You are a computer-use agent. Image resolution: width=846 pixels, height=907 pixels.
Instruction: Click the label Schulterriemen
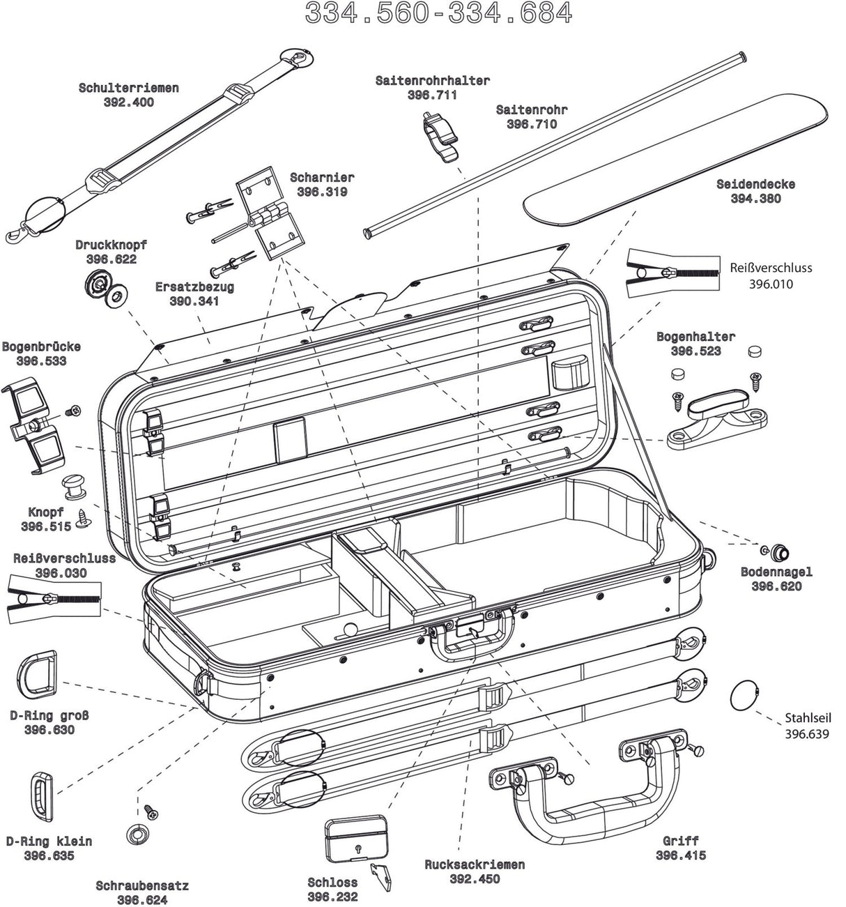[128, 88]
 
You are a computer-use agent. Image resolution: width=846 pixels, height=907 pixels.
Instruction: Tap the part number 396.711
[432, 96]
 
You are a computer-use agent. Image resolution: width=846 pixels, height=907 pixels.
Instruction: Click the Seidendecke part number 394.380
[755, 199]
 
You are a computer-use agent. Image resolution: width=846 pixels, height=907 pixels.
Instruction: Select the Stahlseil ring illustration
[744, 695]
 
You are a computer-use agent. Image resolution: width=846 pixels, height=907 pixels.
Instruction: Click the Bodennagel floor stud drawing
[778, 552]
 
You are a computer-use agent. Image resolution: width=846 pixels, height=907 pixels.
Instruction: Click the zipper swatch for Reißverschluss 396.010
[669, 273]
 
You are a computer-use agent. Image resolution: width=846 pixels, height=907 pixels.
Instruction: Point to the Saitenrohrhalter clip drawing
[440, 137]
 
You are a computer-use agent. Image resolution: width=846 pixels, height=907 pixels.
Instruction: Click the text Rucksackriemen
[475, 864]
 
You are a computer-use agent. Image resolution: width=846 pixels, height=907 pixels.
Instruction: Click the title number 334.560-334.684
[439, 13]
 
